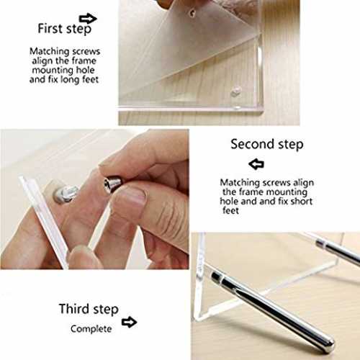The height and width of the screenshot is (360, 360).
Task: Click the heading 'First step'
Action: click(x=65, y=29)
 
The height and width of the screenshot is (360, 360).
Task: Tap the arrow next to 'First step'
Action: click(x=88, y=18)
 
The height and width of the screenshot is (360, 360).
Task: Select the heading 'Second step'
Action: click(x=267, y=145)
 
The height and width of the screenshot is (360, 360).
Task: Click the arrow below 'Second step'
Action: click(x=256, y=164)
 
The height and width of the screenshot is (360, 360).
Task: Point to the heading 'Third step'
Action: click(x=89, y=309)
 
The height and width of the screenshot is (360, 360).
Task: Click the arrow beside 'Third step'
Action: click(x=129, y=322)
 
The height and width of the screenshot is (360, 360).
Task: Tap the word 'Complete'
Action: click(x=91, y=329)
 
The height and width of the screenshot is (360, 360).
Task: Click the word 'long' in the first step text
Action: click(x=71, y=80)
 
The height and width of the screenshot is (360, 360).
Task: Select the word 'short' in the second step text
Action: click(x=302, y=201)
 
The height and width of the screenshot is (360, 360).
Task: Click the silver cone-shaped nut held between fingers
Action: click(x=112, y=184)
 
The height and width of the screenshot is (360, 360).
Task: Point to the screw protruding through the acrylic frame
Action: click(x=66, y=194)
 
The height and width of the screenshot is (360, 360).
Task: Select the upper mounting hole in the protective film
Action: click(x=192, y=12)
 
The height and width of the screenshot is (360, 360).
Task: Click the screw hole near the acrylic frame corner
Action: click(x=235, y=92)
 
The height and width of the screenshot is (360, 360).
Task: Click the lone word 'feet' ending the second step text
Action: click(x=230, y=210)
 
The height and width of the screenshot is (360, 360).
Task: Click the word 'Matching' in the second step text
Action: click(x=240, y=183)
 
